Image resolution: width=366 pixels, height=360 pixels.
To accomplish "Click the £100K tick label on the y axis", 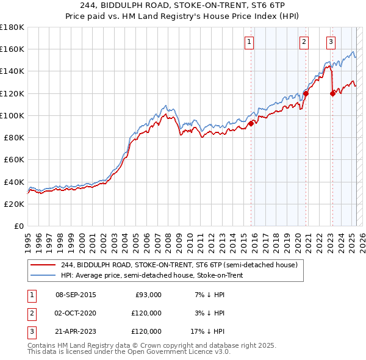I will coord(12,115).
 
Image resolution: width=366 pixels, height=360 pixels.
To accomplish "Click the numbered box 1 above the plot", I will coord(250,42).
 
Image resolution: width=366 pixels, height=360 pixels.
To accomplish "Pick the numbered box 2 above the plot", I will coord(304,42).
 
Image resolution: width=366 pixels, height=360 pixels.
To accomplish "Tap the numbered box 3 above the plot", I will coord(331,42).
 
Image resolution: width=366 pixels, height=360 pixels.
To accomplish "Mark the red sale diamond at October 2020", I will coord(306,93).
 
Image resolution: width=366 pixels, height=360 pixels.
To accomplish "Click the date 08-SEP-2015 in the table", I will coord(76,295).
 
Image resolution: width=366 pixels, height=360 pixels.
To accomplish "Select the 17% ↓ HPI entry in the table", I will coord(207,331).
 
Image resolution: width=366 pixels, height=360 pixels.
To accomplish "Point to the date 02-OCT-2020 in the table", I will coord(76,313).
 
